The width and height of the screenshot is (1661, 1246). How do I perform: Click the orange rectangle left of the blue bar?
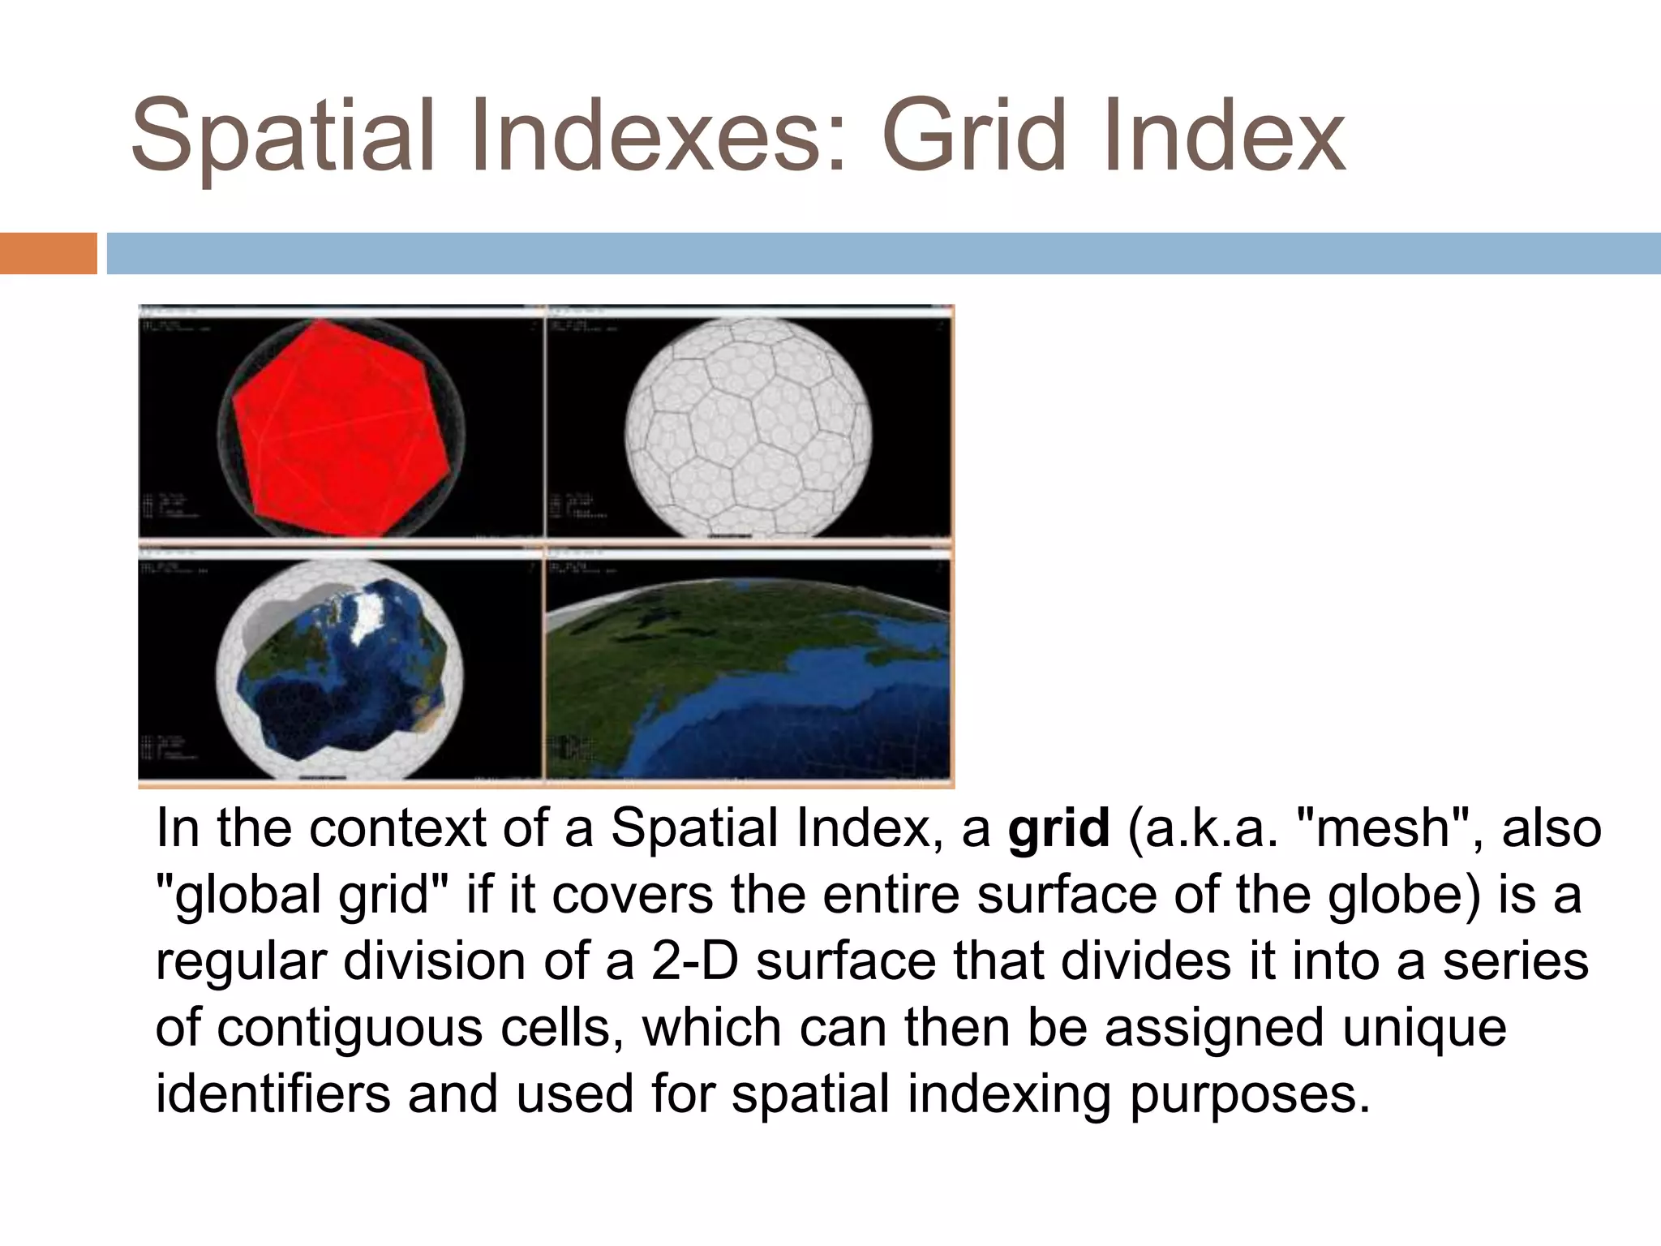pyautogui.click(x=48, y=253)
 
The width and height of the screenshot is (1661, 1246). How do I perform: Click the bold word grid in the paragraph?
pyautogui.click(x=1058, y=828)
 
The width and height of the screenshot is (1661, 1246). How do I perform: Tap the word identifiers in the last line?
pyautogui.click(x=272, y=1093)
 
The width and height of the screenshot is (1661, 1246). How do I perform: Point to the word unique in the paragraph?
pyautogui.click(x=1424, y=1029)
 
